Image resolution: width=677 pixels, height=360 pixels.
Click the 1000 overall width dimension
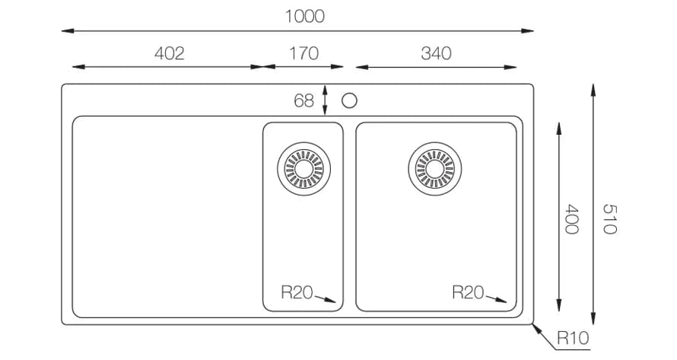pyautogui.click(x=304, y=16)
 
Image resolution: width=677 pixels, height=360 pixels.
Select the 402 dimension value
pyautogui.click(x=169, y=53)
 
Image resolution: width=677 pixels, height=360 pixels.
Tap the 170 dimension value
pyautogui.click(x=304, y=53)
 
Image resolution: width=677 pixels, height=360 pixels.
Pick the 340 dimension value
pyautogui.click(x=435, y=53)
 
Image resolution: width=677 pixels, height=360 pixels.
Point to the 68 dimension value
pyautogui.click(x=304, y=100)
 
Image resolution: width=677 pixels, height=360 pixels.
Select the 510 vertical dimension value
pyautogui.click(x=608, y=218)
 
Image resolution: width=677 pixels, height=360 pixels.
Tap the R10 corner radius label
pyautogui.click(x=573, y=337)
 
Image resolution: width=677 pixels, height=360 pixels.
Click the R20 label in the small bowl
pyautogui.click(x=297, y=292)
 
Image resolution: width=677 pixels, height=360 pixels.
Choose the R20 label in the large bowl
pyautogui.click(x=468, y=292)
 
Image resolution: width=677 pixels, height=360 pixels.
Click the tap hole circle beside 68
pyautogui.click(x=350, y=100)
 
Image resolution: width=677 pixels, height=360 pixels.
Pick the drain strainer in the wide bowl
pyautogui.click(x=434, y=166)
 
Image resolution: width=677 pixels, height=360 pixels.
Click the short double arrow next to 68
pyautogui.click(x=326, y=100)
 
